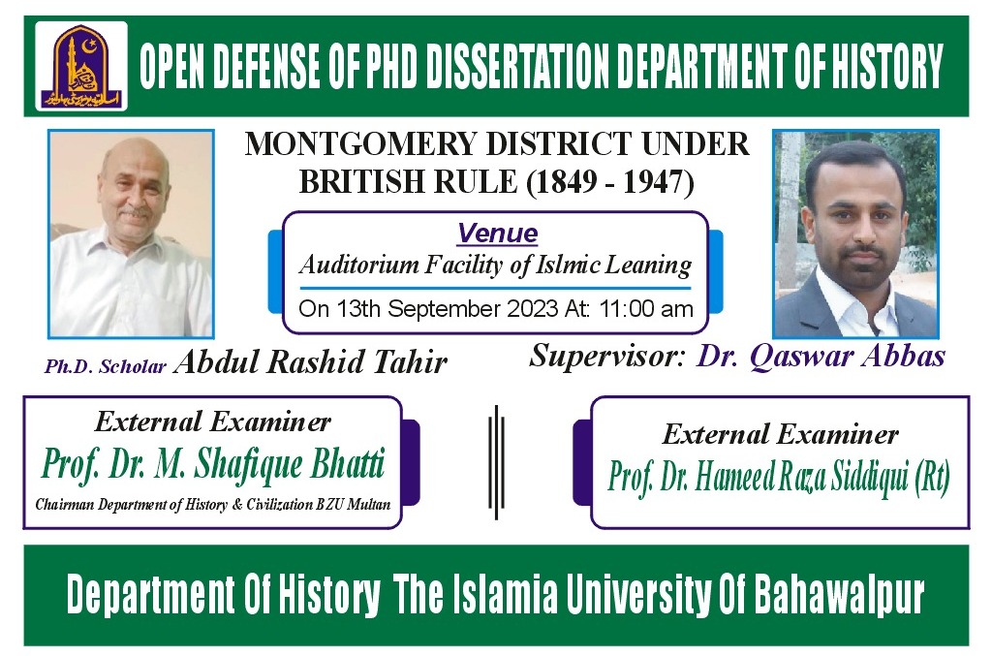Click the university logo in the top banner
pyautogui.click(x=81, y=66)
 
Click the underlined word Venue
pyautogui.click(x=497, y=234)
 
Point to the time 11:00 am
pyautogui.click(x=657, y=310)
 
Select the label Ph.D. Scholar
pyautogui.click(x=106, y=366)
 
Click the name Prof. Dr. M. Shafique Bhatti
pyautogui.click(x=212, y=465)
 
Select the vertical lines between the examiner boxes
pyautogui.click(x=496, y=460)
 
